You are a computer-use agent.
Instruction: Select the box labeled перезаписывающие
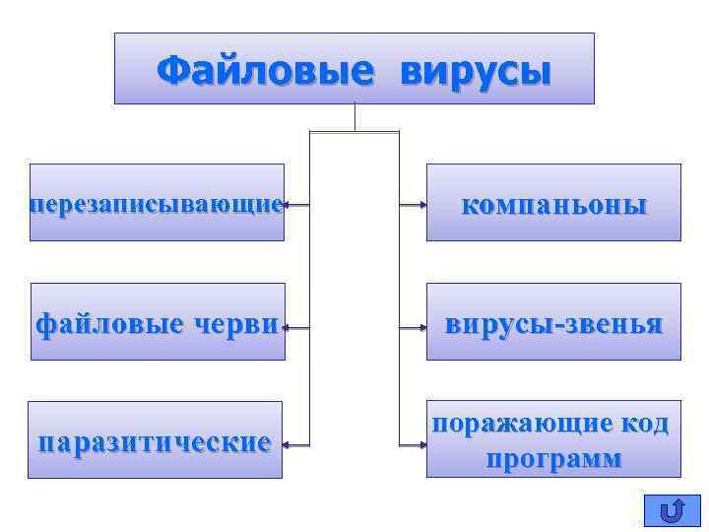click(157, 203)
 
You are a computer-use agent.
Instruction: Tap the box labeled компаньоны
click(553, 204)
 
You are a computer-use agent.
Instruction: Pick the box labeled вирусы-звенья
click(553, 322)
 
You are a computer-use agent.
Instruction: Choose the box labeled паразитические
click(155, 440)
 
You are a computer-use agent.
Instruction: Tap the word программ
click(553, 458)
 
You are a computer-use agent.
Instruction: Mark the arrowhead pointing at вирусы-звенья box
click(421, 325)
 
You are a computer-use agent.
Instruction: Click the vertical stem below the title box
click(354, 117)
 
